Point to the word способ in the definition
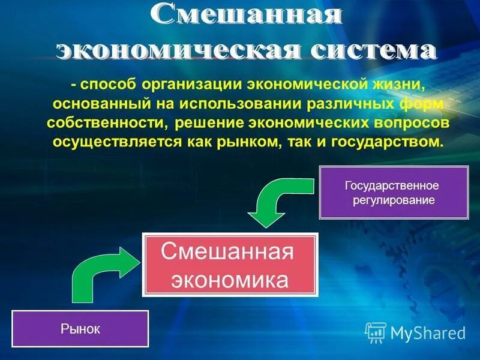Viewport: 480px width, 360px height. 107,84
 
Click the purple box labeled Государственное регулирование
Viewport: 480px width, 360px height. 393,193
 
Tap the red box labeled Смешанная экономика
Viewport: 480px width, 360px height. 229,265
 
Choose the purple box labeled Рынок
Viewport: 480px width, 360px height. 79,329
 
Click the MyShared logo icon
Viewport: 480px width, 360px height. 376,332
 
